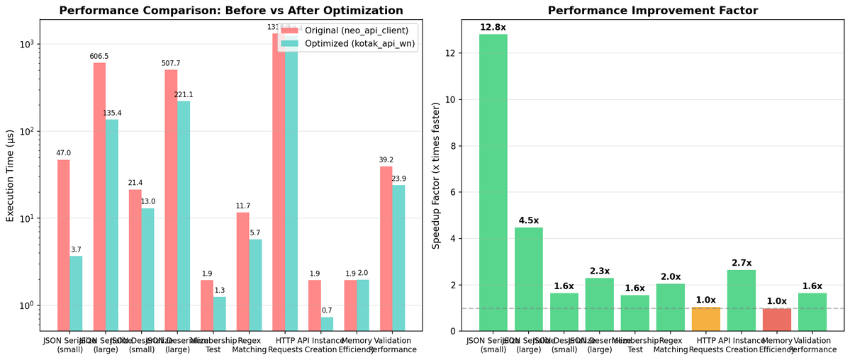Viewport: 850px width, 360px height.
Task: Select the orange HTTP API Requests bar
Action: [705, 319]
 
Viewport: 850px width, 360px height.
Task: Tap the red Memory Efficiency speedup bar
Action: [776, 320]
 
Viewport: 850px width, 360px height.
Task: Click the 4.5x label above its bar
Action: [528, 220]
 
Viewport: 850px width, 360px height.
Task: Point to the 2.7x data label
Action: [741, 262]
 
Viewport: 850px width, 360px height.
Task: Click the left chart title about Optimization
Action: [230, 11]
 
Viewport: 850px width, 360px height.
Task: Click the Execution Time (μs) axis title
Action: [10, 176]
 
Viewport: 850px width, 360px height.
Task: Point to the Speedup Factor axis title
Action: [435, 176]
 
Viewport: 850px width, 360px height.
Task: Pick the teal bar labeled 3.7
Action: [76, 293]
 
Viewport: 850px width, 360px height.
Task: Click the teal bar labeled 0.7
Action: [326, 323]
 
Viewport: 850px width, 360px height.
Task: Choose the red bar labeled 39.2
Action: [386, 248]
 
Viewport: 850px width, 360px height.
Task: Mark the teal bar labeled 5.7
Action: [255, 284]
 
